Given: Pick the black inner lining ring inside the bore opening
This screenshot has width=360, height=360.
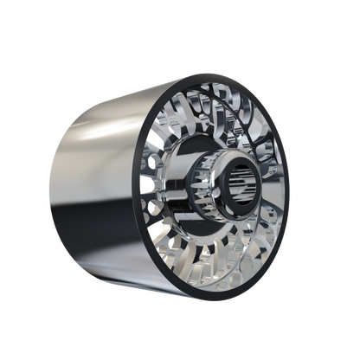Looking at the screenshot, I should [x=251, y=164].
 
